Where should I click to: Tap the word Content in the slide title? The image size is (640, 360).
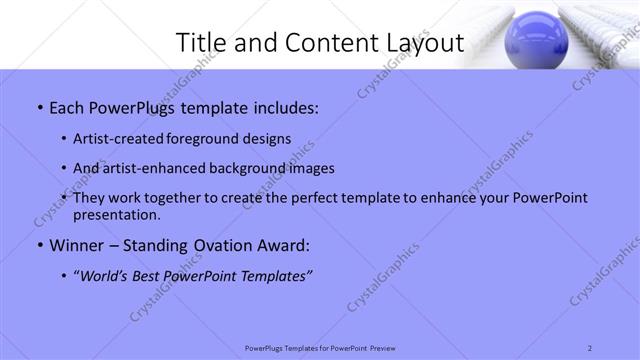(323, 42)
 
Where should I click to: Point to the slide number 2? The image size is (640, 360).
(591, 347)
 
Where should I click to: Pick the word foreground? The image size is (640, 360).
(204, 138)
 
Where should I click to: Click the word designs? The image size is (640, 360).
(266, 138)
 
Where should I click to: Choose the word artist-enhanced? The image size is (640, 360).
(151, 168)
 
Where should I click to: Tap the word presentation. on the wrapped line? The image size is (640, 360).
(116, 214)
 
